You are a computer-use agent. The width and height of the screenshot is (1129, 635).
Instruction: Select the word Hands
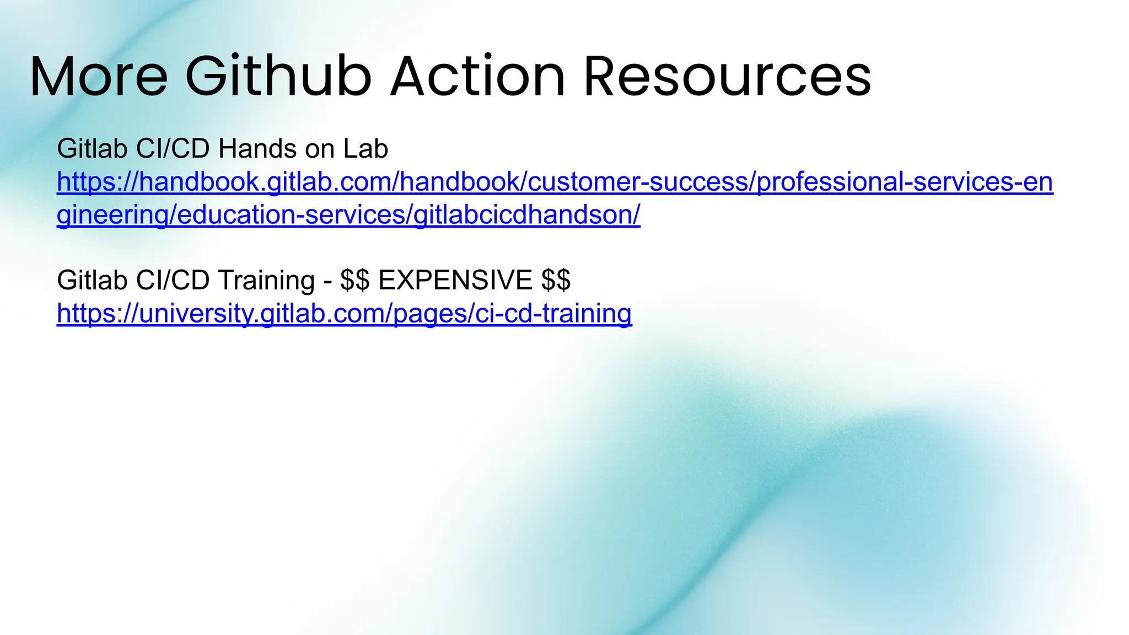[257, 149]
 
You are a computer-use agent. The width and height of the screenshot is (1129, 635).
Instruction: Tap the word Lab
[365, 149]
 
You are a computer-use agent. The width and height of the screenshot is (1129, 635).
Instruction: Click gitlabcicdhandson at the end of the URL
[524, 215]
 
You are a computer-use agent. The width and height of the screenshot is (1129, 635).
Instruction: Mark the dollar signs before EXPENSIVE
[354, 280]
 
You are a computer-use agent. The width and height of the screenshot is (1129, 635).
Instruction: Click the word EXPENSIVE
[455, 280]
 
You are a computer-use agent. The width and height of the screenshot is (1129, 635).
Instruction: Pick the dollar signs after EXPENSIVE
[556, 280]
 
